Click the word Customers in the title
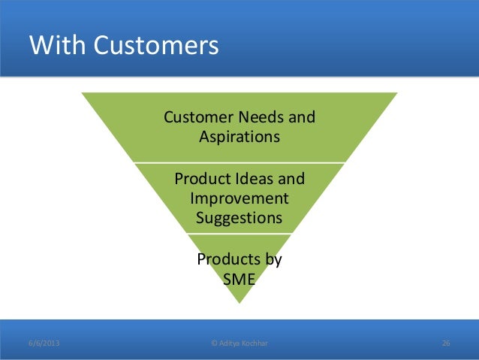pos(155,47)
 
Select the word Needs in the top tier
pos(261,118)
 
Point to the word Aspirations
pos(239,138)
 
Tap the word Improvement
pos(239,199)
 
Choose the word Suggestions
pos(239,219)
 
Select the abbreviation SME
pos(239,280)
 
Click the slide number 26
pos(446,343)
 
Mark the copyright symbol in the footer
pos(215,343)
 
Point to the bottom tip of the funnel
pos(239,302)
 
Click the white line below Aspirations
pos(239,162)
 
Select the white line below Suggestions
pos(239,234)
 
